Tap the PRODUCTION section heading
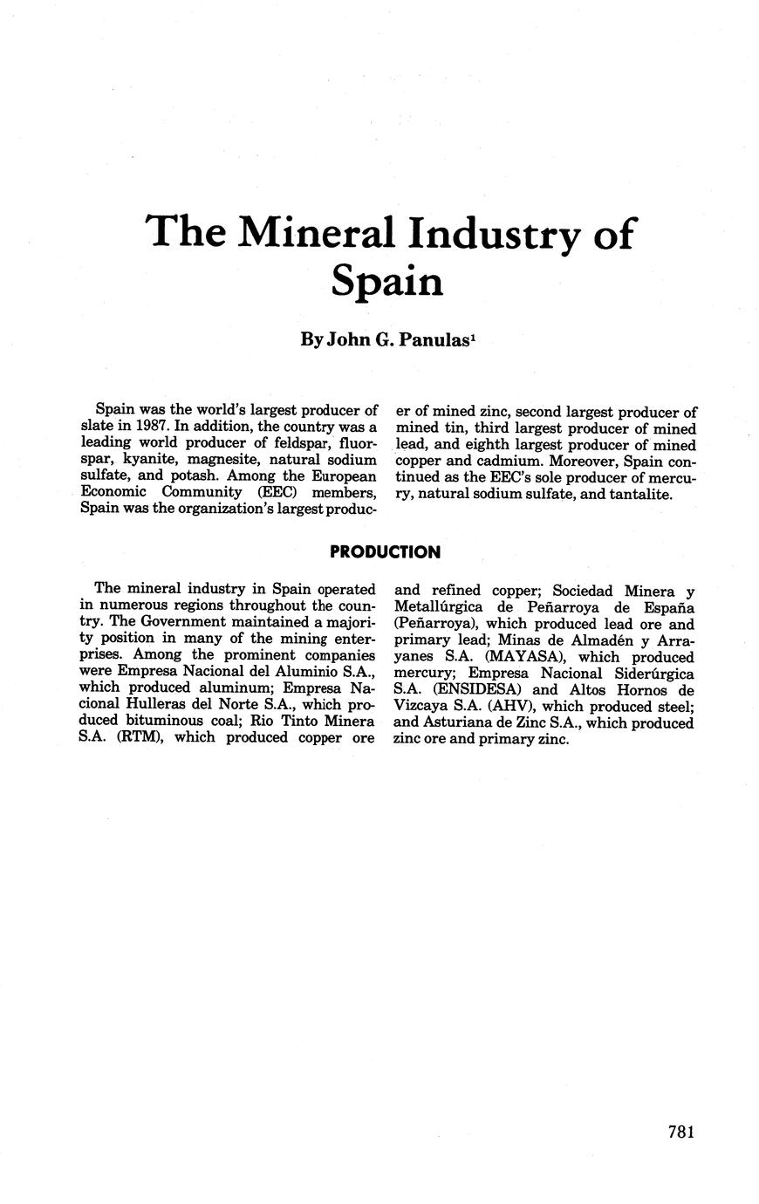[385, 552]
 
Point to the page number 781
[680, 1132]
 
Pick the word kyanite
[142, 460]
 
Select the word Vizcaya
[422, 707]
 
